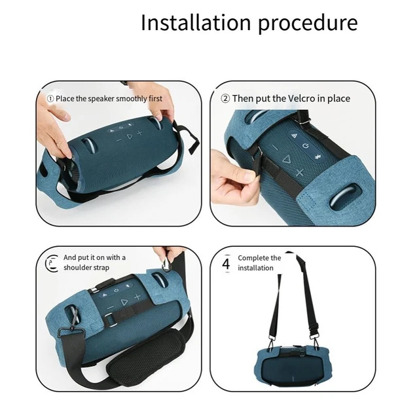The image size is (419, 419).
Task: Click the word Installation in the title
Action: pyautogui.click(x=196, y=22)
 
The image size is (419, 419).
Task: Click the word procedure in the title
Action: pyautogui.click(x=308, y=25)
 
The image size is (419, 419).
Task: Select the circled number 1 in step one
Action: pyautogui.click(x=50, y=99)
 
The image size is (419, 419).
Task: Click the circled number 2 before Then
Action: pyautogui.click(x=225, y=99)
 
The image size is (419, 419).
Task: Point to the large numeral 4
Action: pyautogui.click(x=226, y=263)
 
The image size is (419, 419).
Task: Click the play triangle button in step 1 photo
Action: pyautogui.click(x=130, y=137)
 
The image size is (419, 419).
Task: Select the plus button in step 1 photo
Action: pyautogui.click(x=139, y=132)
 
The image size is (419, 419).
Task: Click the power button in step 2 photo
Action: pyautogui.click(x=306, y=145)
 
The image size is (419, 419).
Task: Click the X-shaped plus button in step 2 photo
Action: pyautogui.click(x=300, y=173)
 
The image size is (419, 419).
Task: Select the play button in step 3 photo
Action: pyautogui.click(x=124, y=302)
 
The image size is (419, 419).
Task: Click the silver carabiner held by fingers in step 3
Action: pyautogui.click(x=167, y=263)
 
